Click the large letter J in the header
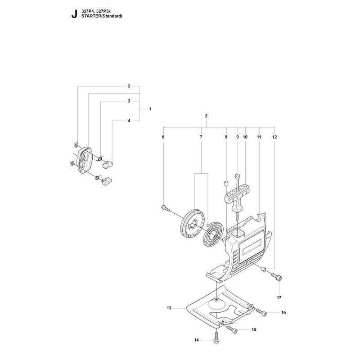pos(74,14)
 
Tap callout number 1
pos(150,109)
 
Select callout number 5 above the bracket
pos(206,116)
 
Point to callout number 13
pos(169,308)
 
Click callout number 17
pos(279,297)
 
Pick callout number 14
pos(196,340)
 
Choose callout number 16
pos(283,312)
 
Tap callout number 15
pos(254,329)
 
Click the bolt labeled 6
pos(165,208)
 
